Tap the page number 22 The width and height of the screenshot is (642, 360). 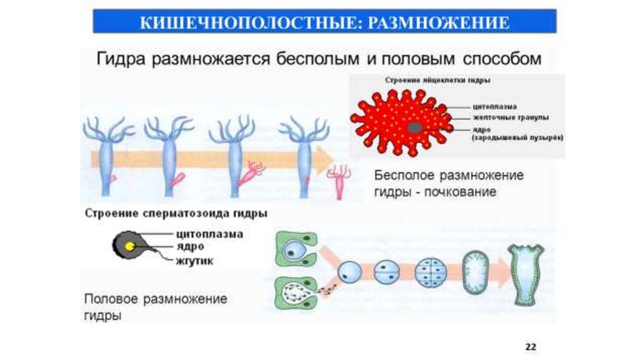pos(531,346)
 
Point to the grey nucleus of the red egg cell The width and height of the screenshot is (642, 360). pos(414,127)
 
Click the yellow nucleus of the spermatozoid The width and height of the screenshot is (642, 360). pos(130,246)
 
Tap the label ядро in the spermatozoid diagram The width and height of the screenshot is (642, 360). pos(190,247)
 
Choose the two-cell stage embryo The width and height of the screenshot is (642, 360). pos(386,273)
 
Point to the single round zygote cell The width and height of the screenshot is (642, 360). pos(349,273)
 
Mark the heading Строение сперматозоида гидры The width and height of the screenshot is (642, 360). pos(176,213)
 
